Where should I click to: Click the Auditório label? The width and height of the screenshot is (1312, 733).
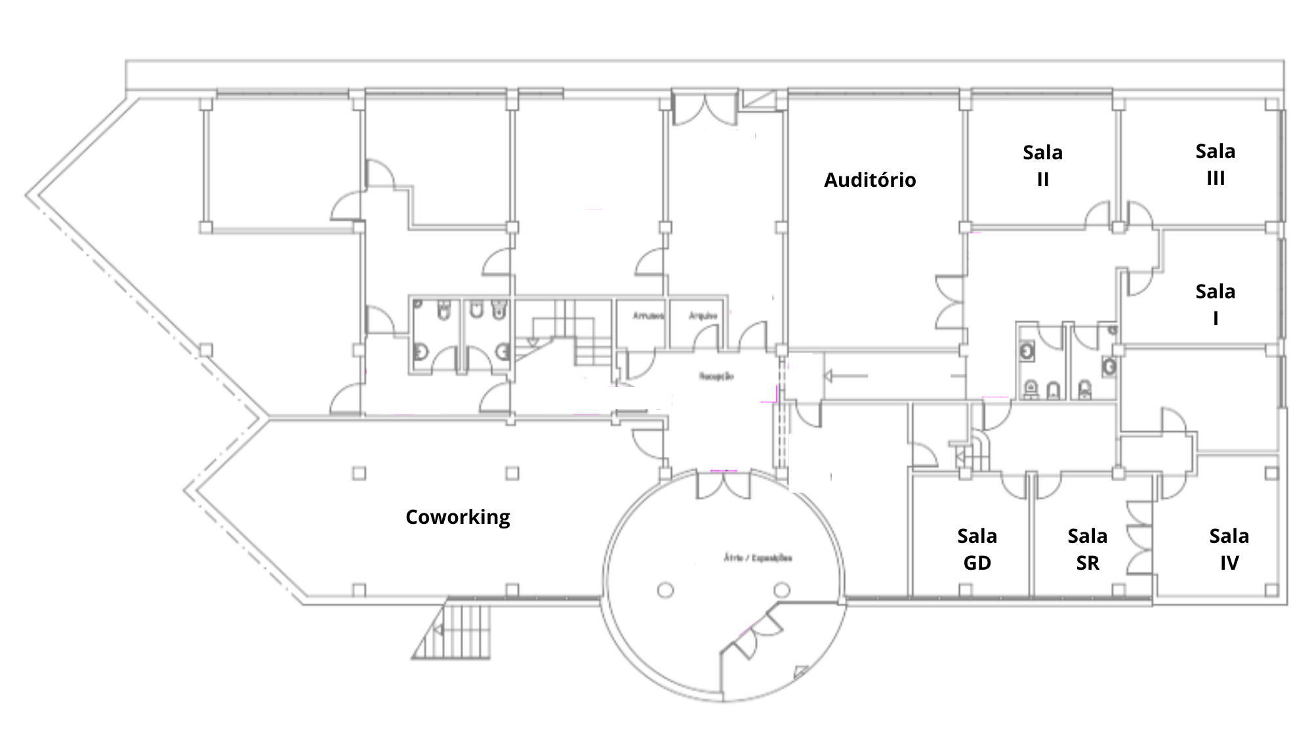pyautogui.click(x=870, y=180)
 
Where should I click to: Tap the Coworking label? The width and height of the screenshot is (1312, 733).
pyautogui.click(x=458, y=517)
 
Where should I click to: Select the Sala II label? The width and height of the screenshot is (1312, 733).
pyautogui.click(x=1042, y=165)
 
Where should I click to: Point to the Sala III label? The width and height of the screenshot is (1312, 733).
pyautogui.click(x=1216, y=165)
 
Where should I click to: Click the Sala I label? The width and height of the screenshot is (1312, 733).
pyautogui.click(x=1216, y=304)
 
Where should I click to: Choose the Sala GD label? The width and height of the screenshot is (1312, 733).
pyautogui.click(x=977, y=549)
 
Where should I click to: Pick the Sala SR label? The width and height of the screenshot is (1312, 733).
pyautogui.click(x=1087, y=549)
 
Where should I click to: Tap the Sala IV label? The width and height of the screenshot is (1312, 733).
pyautogui.click(x=1229, y=549)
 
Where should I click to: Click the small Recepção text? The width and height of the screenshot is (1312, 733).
pyautogui.click(x=716, y=377)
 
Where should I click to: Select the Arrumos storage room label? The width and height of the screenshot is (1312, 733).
pyautogui.click(x=648, y=316)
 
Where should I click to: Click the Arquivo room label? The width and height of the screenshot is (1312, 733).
pyautogui.click(x=702, y=316)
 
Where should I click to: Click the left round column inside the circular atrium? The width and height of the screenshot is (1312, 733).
pyautogui.click(x=665, y=591)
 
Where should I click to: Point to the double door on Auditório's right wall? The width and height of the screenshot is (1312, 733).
pyautogui.click(x=950, y=302)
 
